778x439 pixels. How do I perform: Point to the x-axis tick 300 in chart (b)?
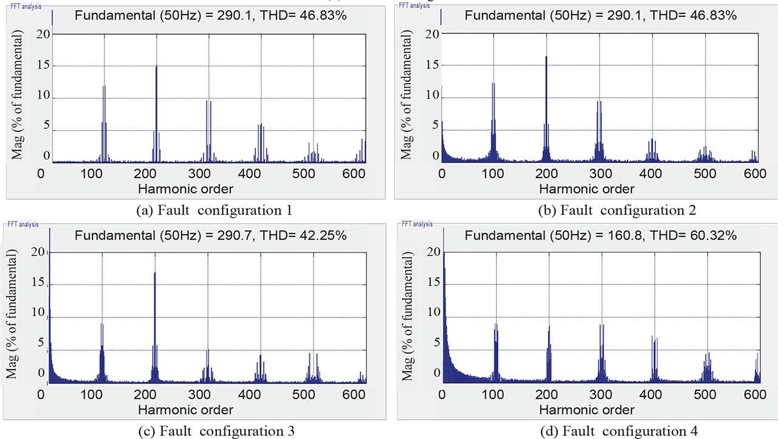pyautogui.click(x=599, y=174)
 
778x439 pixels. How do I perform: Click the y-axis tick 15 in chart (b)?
pyautogui.click(x=432, y=64)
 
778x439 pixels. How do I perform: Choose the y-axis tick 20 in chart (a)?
pyautogui.click(x=43, y=33)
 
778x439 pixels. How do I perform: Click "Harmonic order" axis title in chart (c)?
pyautogui.click(x=185, y=409)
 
